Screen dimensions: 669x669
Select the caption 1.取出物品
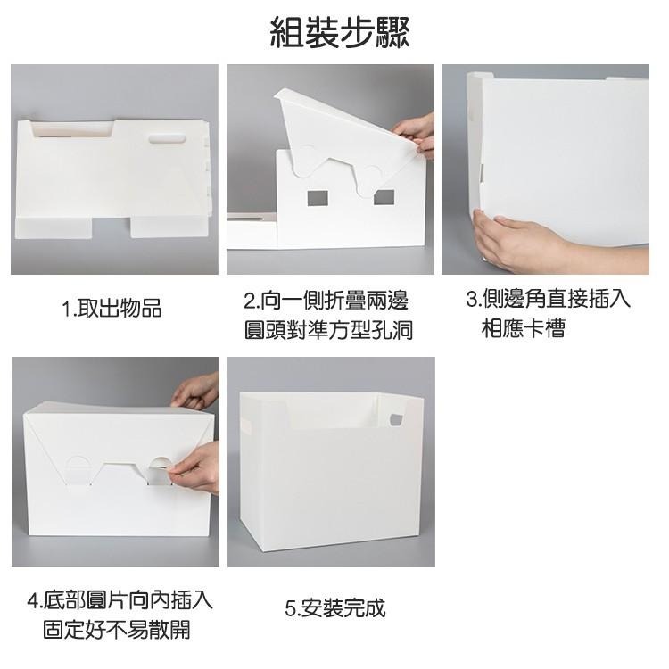(112, 309)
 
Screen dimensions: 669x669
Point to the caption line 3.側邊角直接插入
(548, 298)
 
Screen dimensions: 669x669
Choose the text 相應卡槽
(523, 329)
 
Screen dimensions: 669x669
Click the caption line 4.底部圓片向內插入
(120, 599)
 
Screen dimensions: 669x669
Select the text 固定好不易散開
(116, 630)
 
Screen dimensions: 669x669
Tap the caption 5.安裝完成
(335, 608)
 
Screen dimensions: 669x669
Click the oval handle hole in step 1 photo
(167, 138)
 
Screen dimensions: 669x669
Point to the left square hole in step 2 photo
(318, 197)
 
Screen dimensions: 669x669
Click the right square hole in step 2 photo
(384, 197)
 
